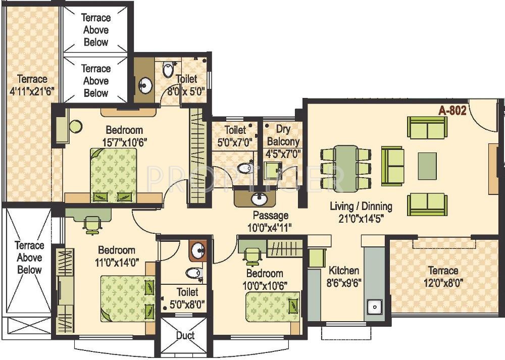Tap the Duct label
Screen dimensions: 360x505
(185, 335)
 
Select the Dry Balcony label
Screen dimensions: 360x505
(283, 141)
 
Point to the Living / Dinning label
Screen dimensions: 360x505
(361, 206)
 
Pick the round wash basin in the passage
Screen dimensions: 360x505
(260, 198)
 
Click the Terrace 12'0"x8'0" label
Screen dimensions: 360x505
(443, 277)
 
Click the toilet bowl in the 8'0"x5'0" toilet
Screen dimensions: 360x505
(168, 70)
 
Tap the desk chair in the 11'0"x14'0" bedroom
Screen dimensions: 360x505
(91, 224)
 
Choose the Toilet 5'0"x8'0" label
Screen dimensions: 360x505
(187, 298)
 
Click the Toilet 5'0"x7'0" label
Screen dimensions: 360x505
(235, 136)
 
